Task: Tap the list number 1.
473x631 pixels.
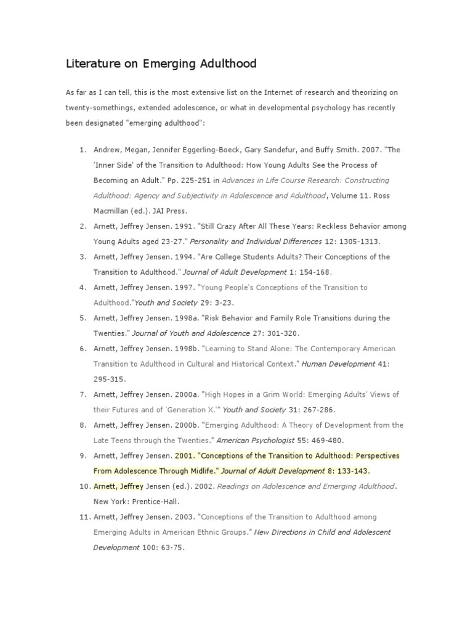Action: (x=82, y=150)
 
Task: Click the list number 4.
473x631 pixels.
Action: (x=82, y=287)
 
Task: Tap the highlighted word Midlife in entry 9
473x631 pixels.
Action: (x=198, y=471)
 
